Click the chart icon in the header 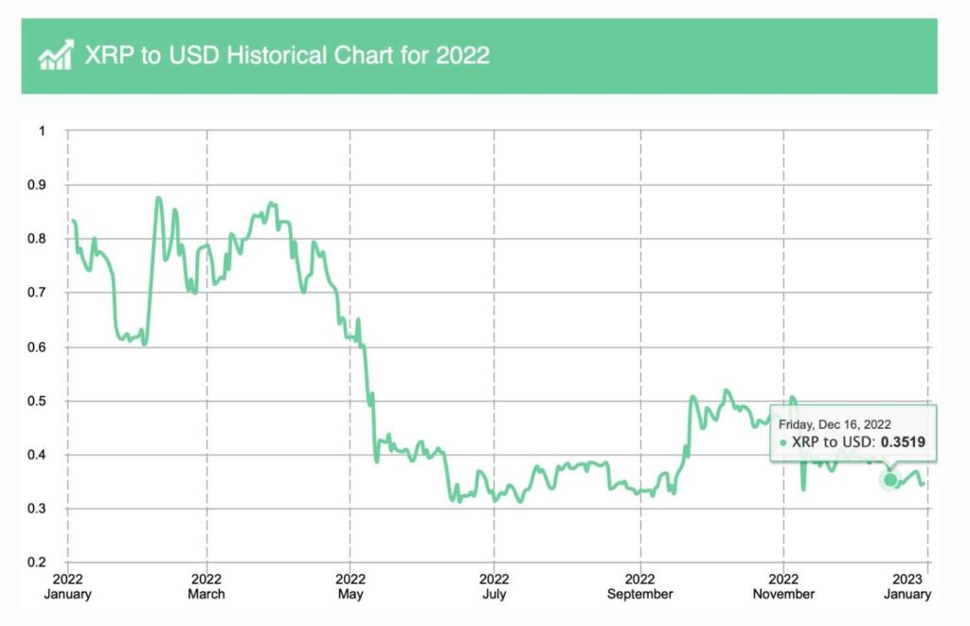point(55,55)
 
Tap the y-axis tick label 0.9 point(38,185)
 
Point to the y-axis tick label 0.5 point(38,402)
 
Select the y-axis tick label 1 point(42,131)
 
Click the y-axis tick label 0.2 point(38,563)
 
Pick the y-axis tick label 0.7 point(38,294)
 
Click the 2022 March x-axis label point(207,586)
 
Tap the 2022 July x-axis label point(494,586)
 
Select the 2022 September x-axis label point(640,586)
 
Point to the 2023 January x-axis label point(913,586)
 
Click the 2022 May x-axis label point(350,586)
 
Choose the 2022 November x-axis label point(783,586)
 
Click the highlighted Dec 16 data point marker point(890,480)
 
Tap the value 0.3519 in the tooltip point(903,441)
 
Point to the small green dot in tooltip point(783,442)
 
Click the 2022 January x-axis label point(67,586)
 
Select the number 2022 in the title point(462,55)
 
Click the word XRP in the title point(107,55)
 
